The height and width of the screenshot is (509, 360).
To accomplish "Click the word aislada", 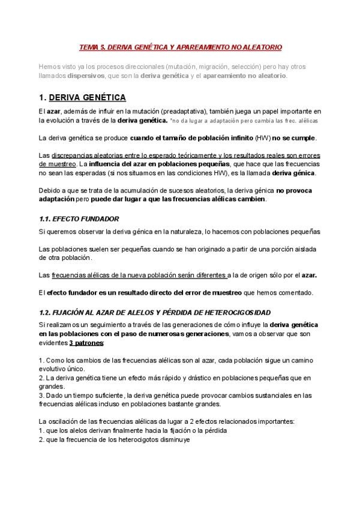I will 307,248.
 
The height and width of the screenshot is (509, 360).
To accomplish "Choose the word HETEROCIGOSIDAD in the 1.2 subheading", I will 234,313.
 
